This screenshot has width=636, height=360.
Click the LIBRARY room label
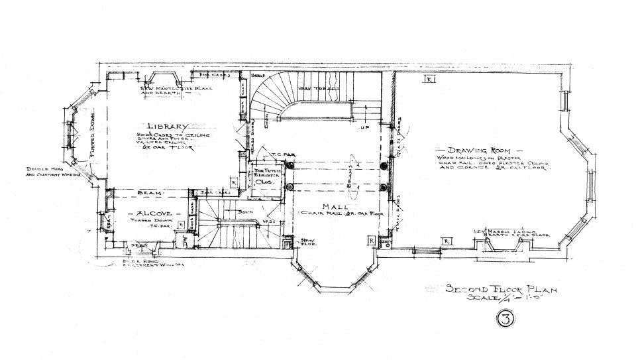[169, 127]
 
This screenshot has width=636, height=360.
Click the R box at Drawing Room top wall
[429, 79]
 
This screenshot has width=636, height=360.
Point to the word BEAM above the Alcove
[146, 193]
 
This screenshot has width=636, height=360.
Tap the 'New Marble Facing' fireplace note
[506, 233]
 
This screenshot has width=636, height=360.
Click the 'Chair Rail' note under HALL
[333, 214]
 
